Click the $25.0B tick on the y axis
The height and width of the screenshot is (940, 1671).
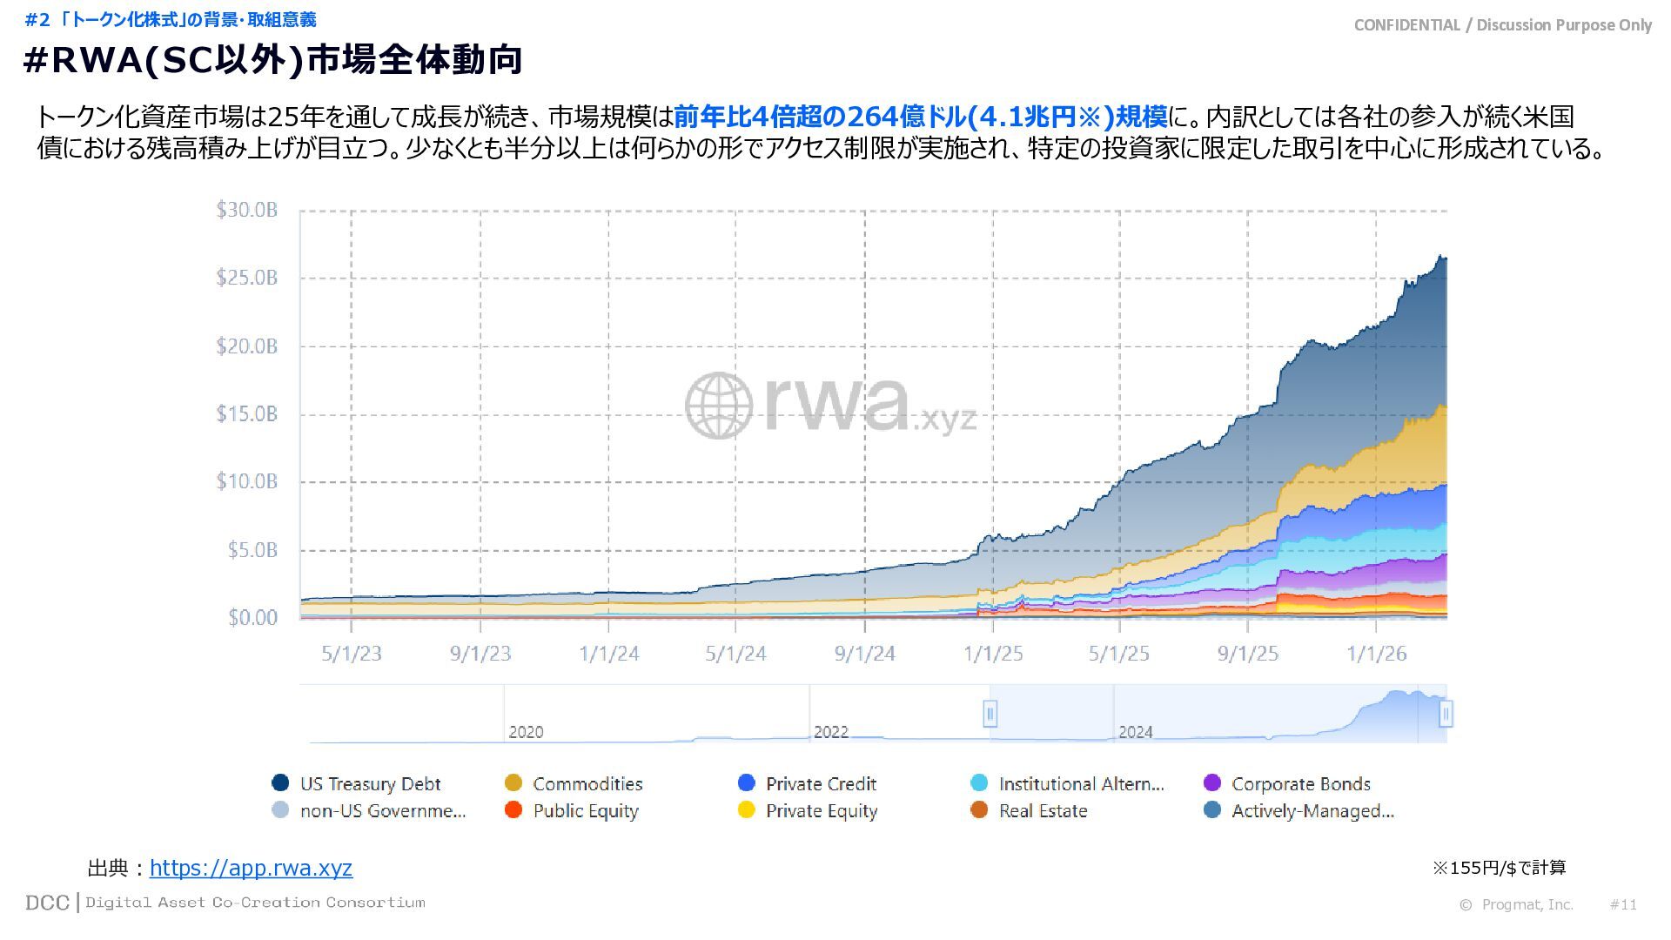[x=247, y=278]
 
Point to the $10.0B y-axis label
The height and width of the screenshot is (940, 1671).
[x=247, y=481]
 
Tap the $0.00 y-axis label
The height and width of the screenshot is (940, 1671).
[x=252, y=618]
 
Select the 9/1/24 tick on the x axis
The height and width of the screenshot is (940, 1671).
[x=864, y=654]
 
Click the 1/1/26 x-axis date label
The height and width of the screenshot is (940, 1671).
[x=1376, y=654]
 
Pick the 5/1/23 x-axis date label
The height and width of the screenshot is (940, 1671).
[x=352, y=654]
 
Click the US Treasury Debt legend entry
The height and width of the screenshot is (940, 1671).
[x=370, y=783]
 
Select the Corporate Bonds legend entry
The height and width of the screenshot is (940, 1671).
[x=1300, y=783]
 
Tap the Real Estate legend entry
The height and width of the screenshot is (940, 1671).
[x=1043, y=811]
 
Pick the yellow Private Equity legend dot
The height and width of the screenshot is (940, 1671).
[x=746, y=810]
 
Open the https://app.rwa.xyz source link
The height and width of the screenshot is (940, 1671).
[x=251, y=868]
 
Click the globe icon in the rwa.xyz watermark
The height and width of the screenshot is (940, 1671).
[x=718, y=406]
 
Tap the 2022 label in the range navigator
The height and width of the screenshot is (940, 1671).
[x=830, y=732]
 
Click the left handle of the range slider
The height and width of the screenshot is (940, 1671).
[x=990, y=714]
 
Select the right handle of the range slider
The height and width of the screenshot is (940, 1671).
[x=1446, y=714]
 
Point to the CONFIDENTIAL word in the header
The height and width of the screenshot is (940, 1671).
[x=1406, y=25]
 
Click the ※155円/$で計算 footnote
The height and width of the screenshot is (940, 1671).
[x=1499, y=868]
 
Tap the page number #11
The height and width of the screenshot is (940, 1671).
[x=1623, y=904]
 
